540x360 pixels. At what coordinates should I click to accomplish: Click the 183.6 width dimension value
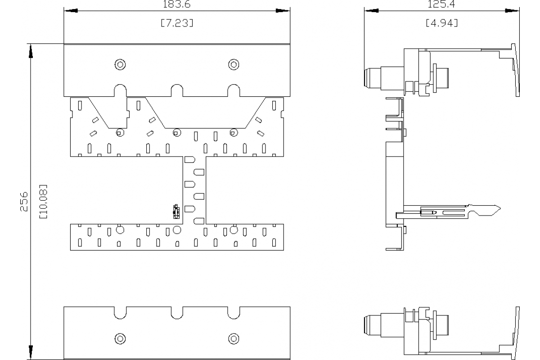click(177, 3)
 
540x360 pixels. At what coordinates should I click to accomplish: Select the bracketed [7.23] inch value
click(177, 23)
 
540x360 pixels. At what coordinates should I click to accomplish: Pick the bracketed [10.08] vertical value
click(43, 201)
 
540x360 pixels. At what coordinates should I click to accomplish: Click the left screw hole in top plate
click(120, 64)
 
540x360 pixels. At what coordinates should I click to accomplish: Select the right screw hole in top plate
click(233, 64)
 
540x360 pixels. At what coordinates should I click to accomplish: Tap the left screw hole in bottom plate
click(120, 338)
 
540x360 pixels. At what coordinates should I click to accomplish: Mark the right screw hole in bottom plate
click(233, 338)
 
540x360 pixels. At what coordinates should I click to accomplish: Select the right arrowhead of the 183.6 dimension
click(282, 10)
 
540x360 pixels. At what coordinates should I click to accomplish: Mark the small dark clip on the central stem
click(176, 210)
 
